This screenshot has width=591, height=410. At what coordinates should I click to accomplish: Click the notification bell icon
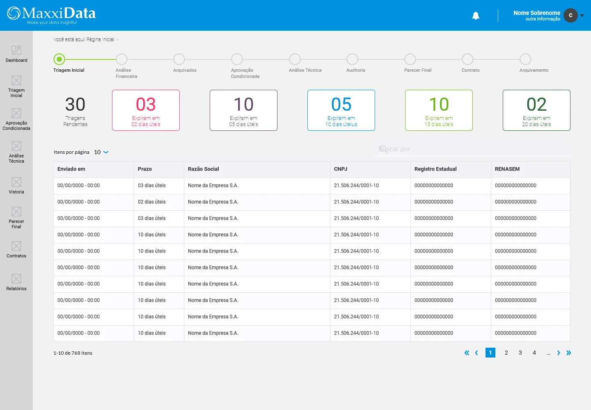(x=475, y=16)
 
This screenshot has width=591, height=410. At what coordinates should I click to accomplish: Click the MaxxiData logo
(x=51, y=15)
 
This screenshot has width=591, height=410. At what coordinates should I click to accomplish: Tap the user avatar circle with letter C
(x=570, y=15)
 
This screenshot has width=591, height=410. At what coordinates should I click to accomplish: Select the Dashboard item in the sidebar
(x=16, y=54)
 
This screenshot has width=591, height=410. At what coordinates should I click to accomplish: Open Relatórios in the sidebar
(x=16, y=282)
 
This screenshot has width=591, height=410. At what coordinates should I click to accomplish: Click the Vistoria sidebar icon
(x=16, y=182)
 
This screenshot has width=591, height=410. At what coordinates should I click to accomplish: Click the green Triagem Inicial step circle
(x=59, y=59)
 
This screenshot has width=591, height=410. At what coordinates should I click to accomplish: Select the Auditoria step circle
(x=352, y=59)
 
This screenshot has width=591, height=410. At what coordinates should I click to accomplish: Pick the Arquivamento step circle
(x=525, y=59)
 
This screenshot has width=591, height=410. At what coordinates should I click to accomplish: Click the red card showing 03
(x=146, y=110)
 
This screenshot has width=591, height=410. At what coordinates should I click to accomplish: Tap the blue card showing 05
(x=341, y=110)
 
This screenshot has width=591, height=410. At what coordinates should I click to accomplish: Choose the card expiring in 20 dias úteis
(x=536, y=110)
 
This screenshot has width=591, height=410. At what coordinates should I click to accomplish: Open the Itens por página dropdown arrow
(x=106, y=152)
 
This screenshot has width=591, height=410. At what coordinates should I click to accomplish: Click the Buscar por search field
(x=472, y=149)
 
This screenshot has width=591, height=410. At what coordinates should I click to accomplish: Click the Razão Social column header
(x=204, y=169)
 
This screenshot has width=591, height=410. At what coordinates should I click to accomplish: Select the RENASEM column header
(x=507, y=169)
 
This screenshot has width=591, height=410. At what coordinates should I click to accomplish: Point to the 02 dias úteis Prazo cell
(x=152, y=202)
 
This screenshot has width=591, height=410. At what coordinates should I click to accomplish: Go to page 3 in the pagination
(x=520, y=353)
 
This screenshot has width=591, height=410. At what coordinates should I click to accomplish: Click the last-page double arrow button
(x=568, y=353)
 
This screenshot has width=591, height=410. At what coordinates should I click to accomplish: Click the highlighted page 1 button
(x=490, y=353)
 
